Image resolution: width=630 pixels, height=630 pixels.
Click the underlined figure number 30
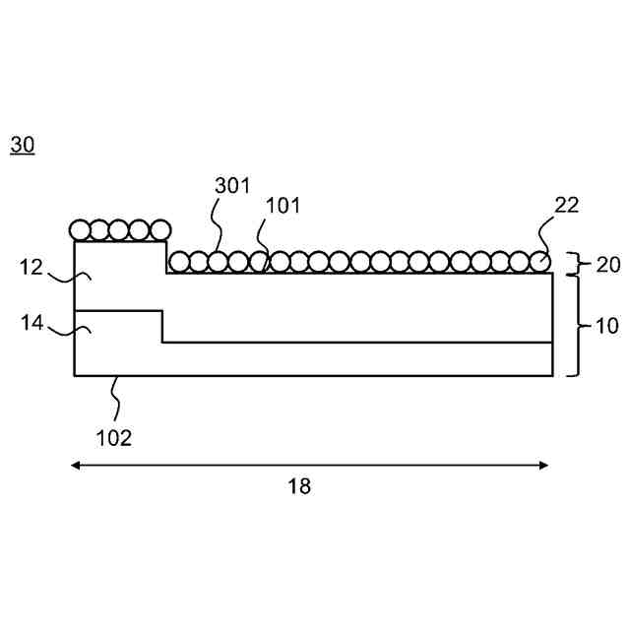coord(22,146)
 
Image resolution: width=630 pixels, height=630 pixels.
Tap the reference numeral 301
coord(232,185)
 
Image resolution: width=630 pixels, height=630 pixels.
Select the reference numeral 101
coord(283,206)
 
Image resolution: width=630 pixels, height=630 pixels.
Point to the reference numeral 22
coord(567,206)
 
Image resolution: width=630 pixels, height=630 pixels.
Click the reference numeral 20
coord(609,264)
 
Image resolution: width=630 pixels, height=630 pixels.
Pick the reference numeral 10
coord(608,326)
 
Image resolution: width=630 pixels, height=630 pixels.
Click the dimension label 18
coord(299,485)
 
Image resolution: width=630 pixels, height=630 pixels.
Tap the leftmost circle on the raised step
coord(81,231)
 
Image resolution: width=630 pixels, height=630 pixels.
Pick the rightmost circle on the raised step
coord(158,231)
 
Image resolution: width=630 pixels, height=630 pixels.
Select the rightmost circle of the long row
coord(539,262)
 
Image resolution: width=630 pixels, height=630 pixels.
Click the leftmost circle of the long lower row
coord(178,262)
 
